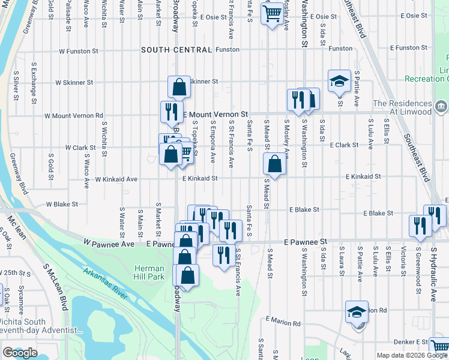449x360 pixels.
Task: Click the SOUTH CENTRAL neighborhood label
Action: coord(176,50)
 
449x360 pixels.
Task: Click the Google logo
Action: coord(20,353)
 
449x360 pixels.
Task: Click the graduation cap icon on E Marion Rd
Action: coord(357,311)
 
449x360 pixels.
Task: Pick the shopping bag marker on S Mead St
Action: coord(274,164)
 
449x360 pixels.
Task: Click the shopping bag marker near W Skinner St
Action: coord(179,87)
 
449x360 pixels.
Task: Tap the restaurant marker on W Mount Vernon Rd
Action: coord(172,112)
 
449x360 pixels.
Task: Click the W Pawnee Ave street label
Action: coord(109,244)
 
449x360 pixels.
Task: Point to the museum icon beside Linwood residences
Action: coord(441,107)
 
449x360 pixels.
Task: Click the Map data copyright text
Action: coord(411,355)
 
